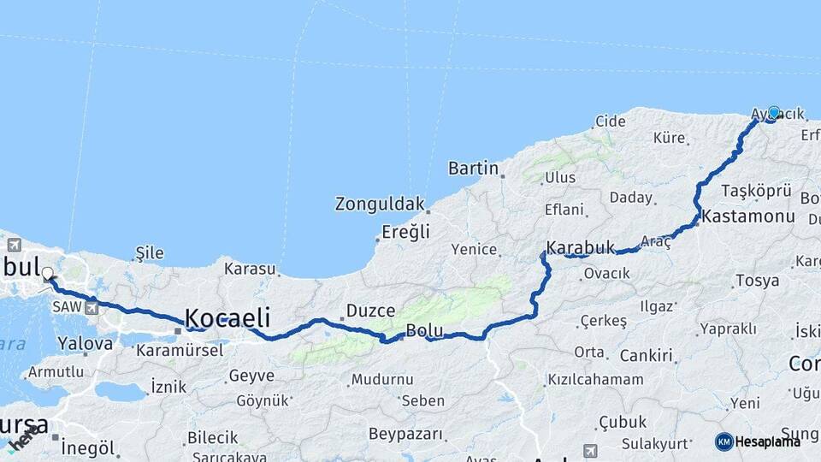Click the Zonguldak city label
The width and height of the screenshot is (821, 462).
point(379,204)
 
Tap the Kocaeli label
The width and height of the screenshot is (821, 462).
point(227,317)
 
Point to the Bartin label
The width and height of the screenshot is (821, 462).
point(473,168)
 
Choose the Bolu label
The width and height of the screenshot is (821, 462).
point(423,330)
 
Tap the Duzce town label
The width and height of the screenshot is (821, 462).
point(370,311)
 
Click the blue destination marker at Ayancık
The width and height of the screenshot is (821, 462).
point(774,112)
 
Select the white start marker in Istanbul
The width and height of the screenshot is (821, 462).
point(47,275)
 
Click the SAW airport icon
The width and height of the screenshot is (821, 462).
point(92,306)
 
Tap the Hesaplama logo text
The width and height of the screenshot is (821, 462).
point(768,441)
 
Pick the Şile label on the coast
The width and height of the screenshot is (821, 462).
point(150,253)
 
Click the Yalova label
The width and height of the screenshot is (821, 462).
point(85,344)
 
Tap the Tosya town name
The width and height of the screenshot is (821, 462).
point(757,280)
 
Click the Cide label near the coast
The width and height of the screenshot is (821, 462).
point(611,121)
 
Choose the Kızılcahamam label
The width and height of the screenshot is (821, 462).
point(595,380)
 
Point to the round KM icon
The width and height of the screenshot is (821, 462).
point(724,441)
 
